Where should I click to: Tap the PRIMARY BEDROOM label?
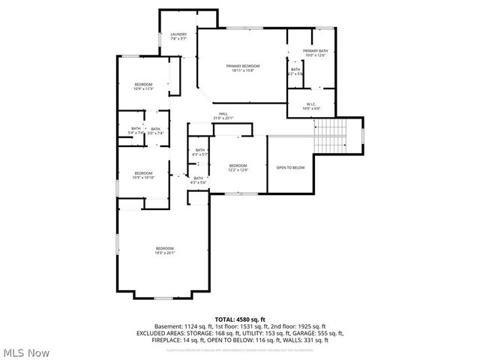[241, 67]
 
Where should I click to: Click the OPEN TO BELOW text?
[290, 167]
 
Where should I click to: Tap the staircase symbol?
[328, 135]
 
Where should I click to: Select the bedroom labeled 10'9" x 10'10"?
[143, 175]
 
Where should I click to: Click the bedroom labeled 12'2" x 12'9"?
[238, 167]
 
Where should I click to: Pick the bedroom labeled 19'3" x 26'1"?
[164, 250]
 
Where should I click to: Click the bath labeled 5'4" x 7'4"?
[136, 130]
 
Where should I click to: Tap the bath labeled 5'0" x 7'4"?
[155, 130]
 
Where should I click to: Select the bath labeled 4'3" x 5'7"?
[199, 152]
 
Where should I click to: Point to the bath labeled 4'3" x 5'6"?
[198, 180]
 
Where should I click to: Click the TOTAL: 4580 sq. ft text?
[240, 319]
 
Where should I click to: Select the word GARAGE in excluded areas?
[308, 333]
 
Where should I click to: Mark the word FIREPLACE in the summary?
[166, 340]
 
